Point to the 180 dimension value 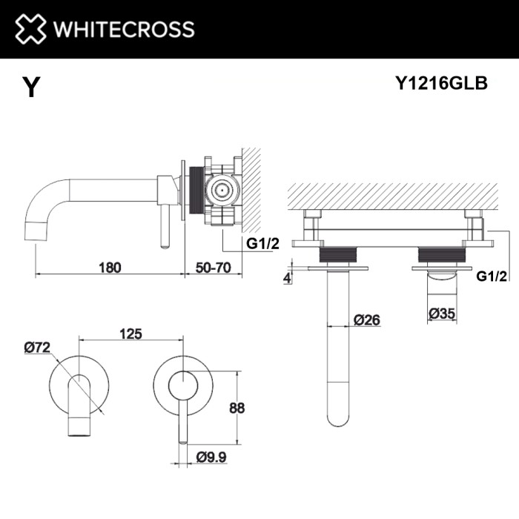pos(109,266)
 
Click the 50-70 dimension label pos(213,266)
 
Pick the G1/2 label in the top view pos(491,276)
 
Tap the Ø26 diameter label pos(368,320)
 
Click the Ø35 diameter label pos(443,314)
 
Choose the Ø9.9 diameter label pos(211,457)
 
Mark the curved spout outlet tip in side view pos(36,229)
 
